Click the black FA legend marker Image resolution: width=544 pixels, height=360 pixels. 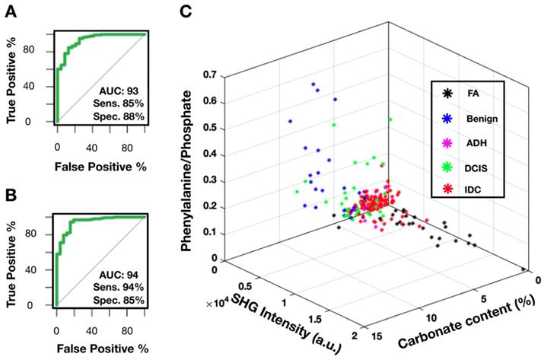click(x=447, y=94)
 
